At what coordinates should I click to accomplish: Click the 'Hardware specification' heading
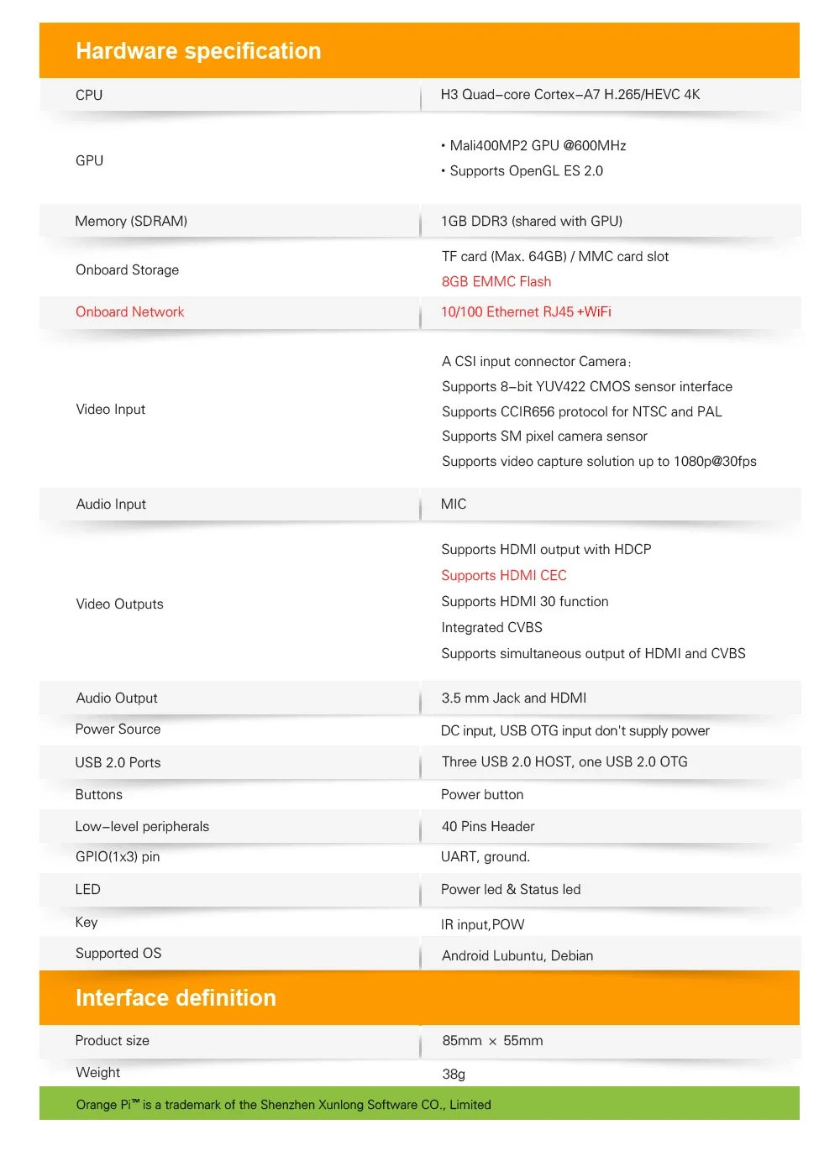pos(198,51)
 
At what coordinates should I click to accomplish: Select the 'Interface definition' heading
pos(176,997)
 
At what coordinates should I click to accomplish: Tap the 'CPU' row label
pos(89,95)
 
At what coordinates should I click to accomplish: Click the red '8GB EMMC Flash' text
pos(496,281)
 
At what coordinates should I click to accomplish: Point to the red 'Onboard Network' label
pos(129,311)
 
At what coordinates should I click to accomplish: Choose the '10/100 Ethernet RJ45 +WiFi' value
pos(526,311)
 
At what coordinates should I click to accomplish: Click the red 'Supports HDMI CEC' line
pos(504,575)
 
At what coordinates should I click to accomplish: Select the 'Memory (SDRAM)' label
pos(131,221)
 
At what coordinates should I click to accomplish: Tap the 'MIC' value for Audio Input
pos(454,504)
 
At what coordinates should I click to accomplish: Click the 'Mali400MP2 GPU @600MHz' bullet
pos(538,145)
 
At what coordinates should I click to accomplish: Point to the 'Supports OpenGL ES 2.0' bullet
pos(526,170)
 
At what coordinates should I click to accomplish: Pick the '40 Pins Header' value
pos(488,826)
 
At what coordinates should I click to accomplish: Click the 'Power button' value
pos(482,794)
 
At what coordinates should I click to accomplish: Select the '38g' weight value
pos(454,1074)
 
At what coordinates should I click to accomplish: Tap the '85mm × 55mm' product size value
pos(492,1040)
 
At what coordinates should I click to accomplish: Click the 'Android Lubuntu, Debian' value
pos(517,955)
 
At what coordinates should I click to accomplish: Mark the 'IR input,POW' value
pos(482,924)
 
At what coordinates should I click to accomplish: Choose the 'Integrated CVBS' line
pos(491,627)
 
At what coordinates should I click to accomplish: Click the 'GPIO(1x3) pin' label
pos(118,856)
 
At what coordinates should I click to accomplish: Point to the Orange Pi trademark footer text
pos(283,1104)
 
